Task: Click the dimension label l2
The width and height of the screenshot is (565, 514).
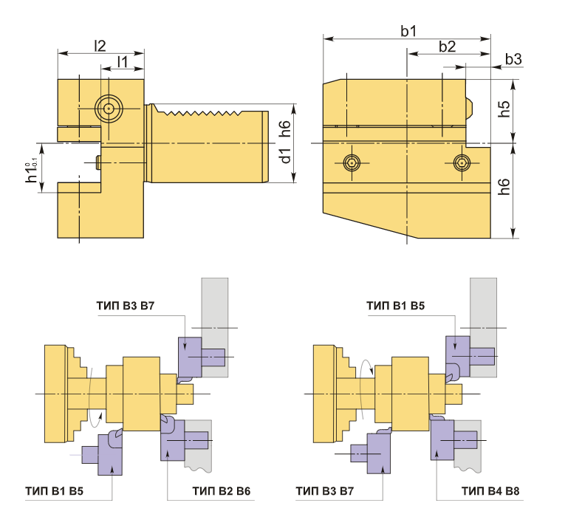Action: [100, 46]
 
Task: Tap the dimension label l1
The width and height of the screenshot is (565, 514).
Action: [123, 61]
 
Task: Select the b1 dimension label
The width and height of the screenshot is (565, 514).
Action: [408, 31]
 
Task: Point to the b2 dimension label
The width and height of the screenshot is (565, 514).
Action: [447, 47]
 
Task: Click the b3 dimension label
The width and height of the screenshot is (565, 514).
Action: [513, 59]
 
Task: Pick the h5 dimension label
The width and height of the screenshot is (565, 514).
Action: [504, 109]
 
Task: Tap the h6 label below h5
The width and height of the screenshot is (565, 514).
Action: [504, 186]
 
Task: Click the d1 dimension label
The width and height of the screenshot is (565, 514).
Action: [285, 156]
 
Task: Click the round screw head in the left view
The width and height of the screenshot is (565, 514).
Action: [109, 109]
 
